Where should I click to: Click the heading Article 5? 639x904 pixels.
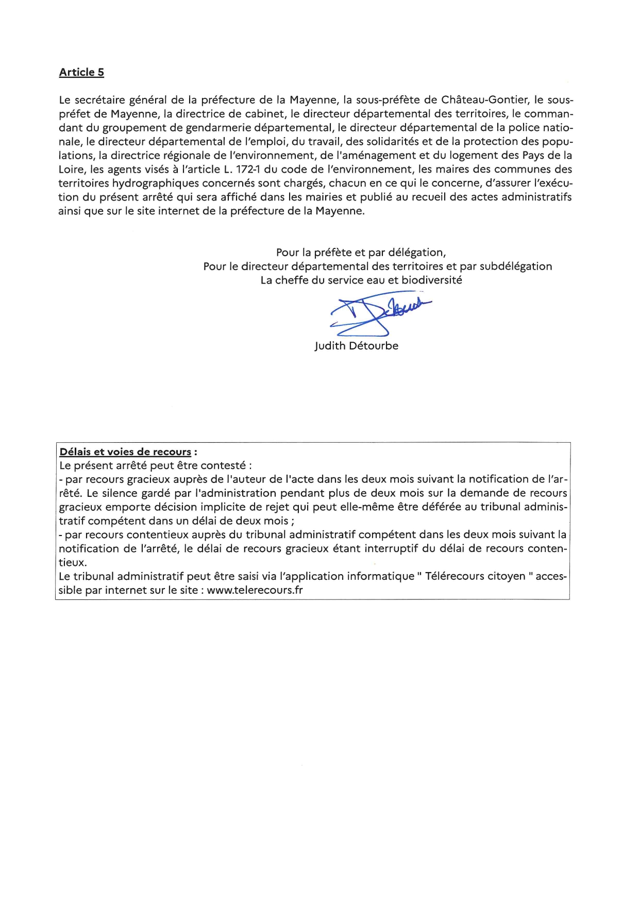[x=81, y=72]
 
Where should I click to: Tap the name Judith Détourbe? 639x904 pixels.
[x=356, y=346]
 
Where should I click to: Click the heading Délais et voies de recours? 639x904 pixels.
[x=125, y=452]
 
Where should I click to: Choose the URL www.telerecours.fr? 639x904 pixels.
[x=255, y=590]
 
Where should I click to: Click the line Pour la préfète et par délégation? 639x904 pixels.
[x=361, y=253]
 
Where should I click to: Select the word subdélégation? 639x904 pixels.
[x=516, y=266]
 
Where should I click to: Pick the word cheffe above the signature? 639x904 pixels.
[x=292, y=280]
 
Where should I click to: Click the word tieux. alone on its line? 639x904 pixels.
[x=73, y=562]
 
